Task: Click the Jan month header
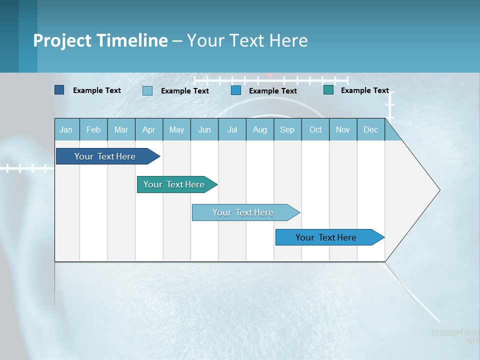66,129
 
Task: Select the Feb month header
93,129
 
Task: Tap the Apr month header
149,129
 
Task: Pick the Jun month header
204,129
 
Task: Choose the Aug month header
260,129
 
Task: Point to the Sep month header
287,129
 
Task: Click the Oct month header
315,129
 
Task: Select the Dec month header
371,129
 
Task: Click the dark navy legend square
59,90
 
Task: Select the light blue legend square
147,90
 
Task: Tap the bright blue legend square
236,90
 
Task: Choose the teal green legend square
328,90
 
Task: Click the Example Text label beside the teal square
365,90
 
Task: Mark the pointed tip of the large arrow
439,190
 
